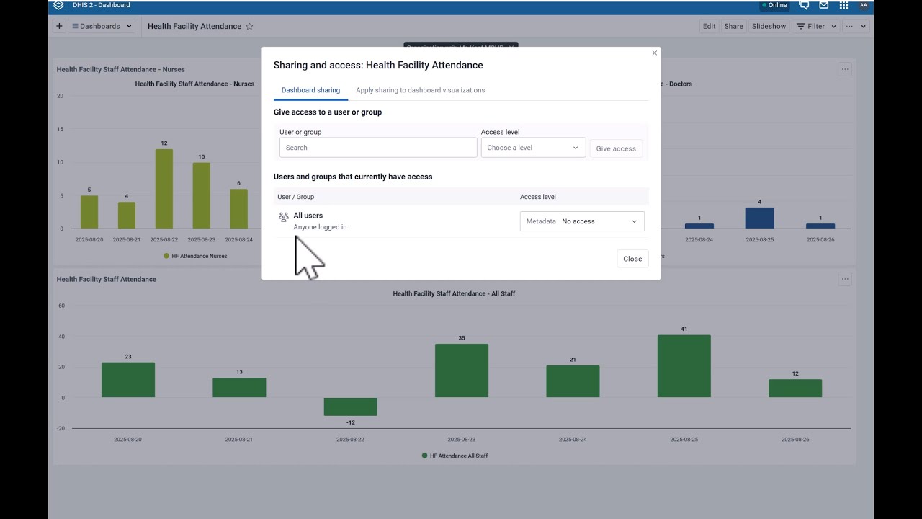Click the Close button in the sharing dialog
[x=632, y=259]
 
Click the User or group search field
[x=378, y=148]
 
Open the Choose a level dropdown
[x=533, y=148]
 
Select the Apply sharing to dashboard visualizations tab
[x=420, y=90]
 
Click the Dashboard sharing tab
[x=310, y=90]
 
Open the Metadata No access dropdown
[x=582, y=221]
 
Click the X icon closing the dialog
[x=654, y=53]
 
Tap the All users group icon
[x=283, y=216]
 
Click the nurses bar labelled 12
[x=164, y=189]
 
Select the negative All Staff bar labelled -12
[x=350, y=407]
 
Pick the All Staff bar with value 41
[x=684, y=366]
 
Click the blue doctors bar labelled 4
[x=759, y=218]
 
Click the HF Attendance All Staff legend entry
[x=455, y=456]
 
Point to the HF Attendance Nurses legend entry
[x=195, y=256]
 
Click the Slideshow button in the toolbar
[x=769, y=26]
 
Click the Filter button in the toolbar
[x=816, y=26]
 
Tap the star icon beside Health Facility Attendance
[x=249, y=26]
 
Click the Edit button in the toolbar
[x=710, y=26]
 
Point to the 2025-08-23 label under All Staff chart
[x=461, y=439]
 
